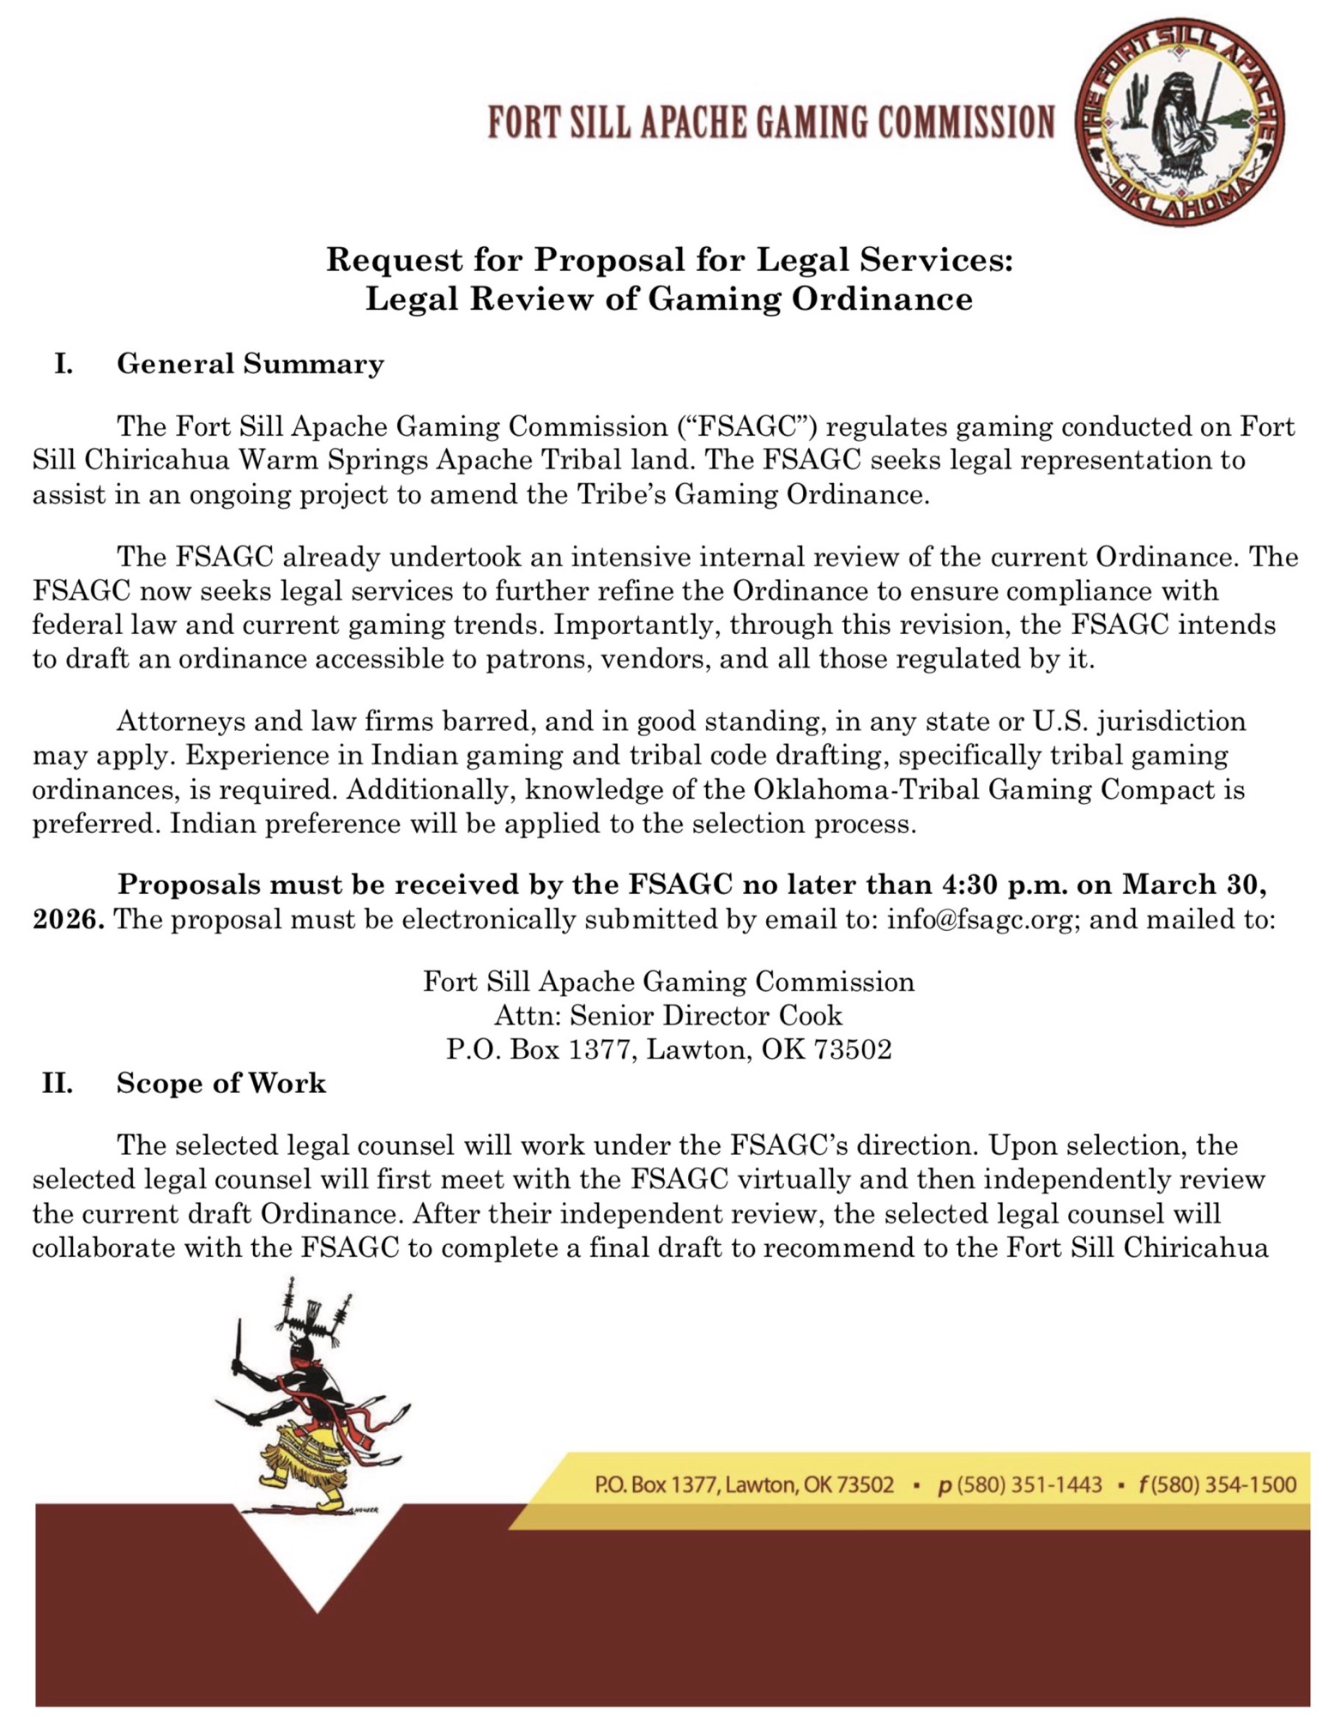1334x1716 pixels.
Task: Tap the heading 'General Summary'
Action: pos(250,364)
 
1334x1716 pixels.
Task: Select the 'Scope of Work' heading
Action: pos(220,1083)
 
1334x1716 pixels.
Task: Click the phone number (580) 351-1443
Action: pos(1020,1484)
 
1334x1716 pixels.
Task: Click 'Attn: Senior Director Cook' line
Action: pos(667,1016)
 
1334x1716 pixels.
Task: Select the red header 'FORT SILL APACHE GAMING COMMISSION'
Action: pos(770,123)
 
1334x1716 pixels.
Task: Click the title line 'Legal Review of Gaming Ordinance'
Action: pos(668,299)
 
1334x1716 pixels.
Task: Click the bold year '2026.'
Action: pos(69,919)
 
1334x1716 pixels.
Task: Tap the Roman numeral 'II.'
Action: pos(57,1083)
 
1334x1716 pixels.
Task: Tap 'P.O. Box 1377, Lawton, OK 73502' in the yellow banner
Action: pos(744,1484)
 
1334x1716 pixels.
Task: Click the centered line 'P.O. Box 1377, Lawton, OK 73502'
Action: pos(668,1049)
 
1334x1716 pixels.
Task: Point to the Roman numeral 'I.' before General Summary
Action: pos(63,364)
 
